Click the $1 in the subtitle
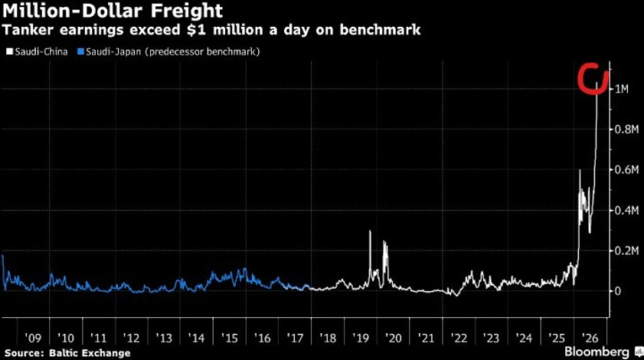point(197,30)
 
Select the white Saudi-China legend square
point(10,52)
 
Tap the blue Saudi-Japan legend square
point(81,52)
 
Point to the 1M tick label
point(622,89)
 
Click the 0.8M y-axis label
point(626,129)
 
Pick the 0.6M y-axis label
point(626,170)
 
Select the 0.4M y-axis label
point(626,211)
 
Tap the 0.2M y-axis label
point(626,250)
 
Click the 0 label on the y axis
point(618,291)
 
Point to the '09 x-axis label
point(33,339)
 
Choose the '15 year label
point(229,339)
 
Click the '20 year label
point(393,339)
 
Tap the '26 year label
point(590,339)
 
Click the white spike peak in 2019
point(370,231)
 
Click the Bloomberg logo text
point(597,352)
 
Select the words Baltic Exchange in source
point(90,353)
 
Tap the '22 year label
point(459,339)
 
